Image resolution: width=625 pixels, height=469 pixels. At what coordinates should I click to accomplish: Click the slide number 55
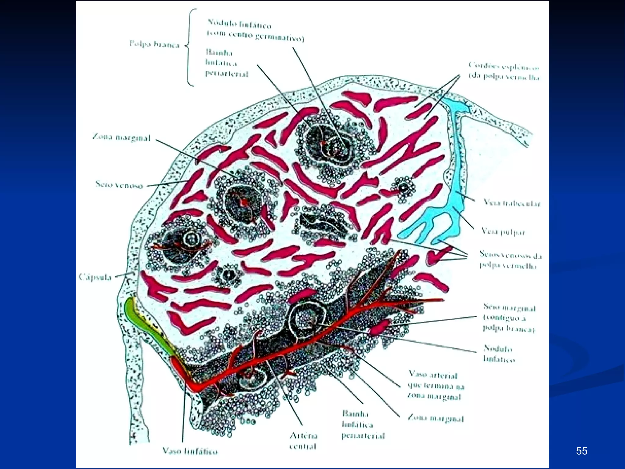click(x=582, y=451)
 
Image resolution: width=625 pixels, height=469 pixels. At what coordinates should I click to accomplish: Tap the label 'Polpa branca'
click(x=154, y=44)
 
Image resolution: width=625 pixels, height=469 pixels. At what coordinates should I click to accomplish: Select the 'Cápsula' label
click(x=95, y=277)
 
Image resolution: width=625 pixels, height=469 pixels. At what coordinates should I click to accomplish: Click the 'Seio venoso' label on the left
click(x=119, y=184)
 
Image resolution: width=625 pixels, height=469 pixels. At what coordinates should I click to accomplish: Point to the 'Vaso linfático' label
click(x=190, y=451)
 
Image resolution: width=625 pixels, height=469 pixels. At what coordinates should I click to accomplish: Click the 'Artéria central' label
click(x=303, y=441)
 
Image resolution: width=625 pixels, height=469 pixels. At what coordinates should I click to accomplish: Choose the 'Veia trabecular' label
click(x=512, y=203)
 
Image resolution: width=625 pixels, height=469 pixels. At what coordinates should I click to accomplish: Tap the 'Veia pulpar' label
click(x=503, y=231)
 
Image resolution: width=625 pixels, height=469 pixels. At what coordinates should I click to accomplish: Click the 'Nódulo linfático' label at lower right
click(x=499, y=354)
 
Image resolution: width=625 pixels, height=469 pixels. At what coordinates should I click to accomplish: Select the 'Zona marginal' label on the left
click(x=121, y=138)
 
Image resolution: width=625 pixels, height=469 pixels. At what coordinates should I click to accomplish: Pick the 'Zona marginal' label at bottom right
click(x=436, y=419)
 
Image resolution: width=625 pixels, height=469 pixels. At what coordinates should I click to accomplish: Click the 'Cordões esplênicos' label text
click(x=504, y=71)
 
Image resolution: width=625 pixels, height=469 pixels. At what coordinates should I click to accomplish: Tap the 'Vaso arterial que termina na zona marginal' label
click(x=436, y=386)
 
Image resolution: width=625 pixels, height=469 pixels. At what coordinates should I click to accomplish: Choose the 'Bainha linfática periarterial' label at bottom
click(x=363, y=425)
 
